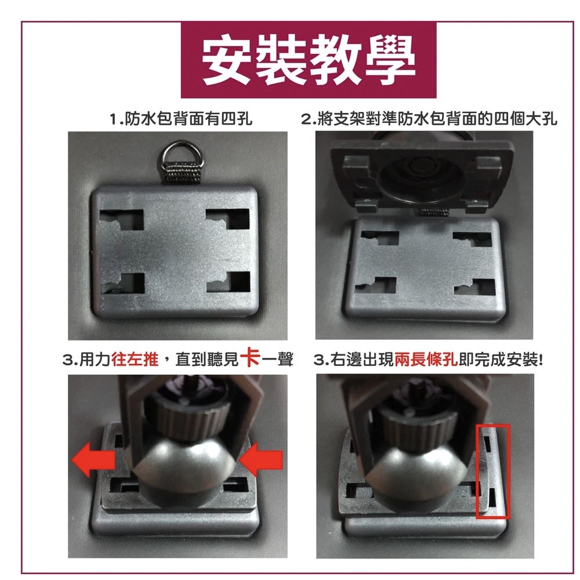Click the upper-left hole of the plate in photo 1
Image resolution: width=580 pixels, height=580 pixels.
point(121,220)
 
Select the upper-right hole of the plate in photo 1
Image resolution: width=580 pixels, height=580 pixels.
point(228,219)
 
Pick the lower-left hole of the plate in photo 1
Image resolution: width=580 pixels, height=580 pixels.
point(122,284)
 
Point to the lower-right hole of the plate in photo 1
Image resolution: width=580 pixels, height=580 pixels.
point(229,282)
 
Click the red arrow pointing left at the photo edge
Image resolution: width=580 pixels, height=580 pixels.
point(93,459)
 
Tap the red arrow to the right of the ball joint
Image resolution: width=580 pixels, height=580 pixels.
point(261,459)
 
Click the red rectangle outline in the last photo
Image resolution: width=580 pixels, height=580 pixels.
point(477,472)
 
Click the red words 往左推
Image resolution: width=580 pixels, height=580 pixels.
point(135,359)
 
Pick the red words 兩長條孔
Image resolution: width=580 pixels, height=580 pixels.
point(426,359)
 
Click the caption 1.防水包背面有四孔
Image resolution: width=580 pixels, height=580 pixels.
point(181,119)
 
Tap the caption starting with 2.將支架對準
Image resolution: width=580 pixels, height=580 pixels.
point(429,119)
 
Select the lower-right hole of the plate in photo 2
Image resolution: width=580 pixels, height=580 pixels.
point(474,286)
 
